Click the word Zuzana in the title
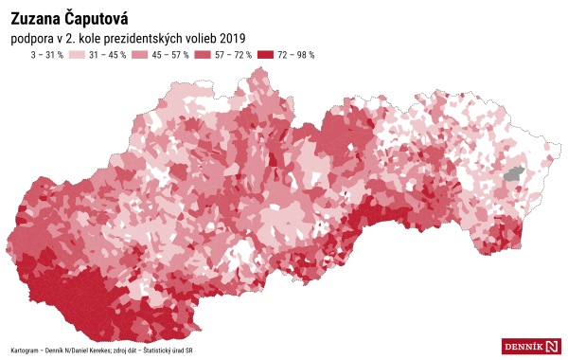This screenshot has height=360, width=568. [x=36, y=18]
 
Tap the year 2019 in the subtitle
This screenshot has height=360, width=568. [x=232, y=38]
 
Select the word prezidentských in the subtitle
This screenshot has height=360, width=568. [x=149, y=38]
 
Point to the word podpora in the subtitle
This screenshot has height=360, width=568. [x=30, y=38]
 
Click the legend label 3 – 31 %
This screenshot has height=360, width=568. [x=47, y=55]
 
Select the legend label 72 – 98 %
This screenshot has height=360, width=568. [x=296, y=55]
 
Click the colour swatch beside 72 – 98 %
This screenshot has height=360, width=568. [x=267, y=55]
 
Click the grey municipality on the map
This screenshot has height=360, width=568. [x=514, y=173]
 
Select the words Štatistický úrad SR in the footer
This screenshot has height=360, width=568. [x=168, y=350]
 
